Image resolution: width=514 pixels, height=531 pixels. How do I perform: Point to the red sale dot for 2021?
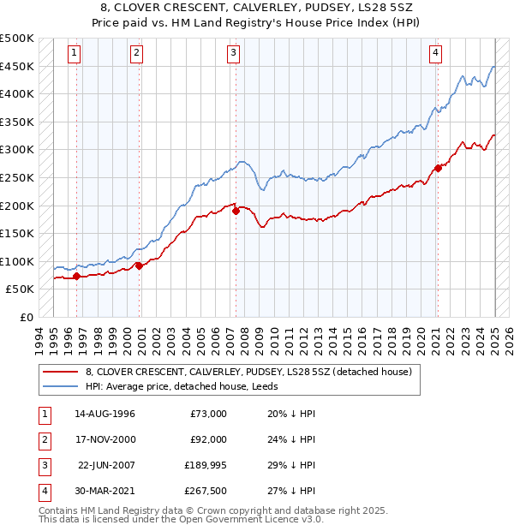(x=438, y=168)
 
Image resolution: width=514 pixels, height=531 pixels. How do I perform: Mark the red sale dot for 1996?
(x=76, y=276)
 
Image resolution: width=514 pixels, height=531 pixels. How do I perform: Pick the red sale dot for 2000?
(x=139, y=265)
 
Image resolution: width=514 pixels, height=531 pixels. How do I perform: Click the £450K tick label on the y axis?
(x=18, y=66)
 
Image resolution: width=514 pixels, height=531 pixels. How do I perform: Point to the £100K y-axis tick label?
(x=18, y=261)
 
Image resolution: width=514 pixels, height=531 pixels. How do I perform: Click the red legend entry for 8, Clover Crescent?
(x=248, y=372)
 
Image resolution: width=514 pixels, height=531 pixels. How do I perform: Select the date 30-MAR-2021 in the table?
(x=104, y=491)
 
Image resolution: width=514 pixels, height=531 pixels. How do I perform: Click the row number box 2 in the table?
(x=43, y=439)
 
